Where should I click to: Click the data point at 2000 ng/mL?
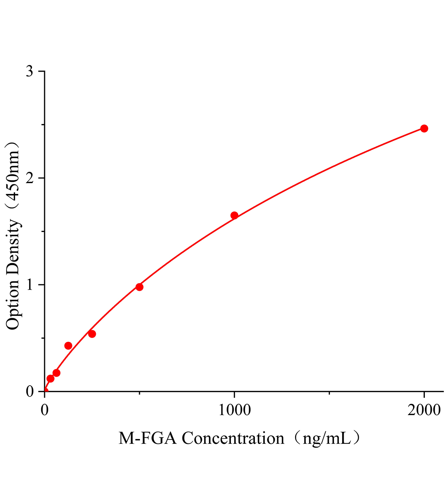coord(424,128)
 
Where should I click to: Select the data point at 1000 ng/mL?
coord(234,215)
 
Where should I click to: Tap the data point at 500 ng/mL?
coord(139,287)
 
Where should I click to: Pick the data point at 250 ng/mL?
coord(92,334)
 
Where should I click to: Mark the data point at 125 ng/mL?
coord(68,346)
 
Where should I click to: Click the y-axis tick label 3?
coord(29,71)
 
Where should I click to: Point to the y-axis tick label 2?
coord(29,178)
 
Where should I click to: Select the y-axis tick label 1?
coord(30,285)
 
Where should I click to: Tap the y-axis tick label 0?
coord(29,391)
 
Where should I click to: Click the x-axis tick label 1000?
coord(235,410)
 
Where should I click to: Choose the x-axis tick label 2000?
coord(424,410)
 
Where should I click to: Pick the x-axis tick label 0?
coord(45,410)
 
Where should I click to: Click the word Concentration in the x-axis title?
coord(233,439)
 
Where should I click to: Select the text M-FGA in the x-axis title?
coord(148,439)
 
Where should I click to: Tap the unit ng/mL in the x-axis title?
coord(327,439)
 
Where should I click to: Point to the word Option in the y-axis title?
coord(13,307)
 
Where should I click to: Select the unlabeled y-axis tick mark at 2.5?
coord(43,125)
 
